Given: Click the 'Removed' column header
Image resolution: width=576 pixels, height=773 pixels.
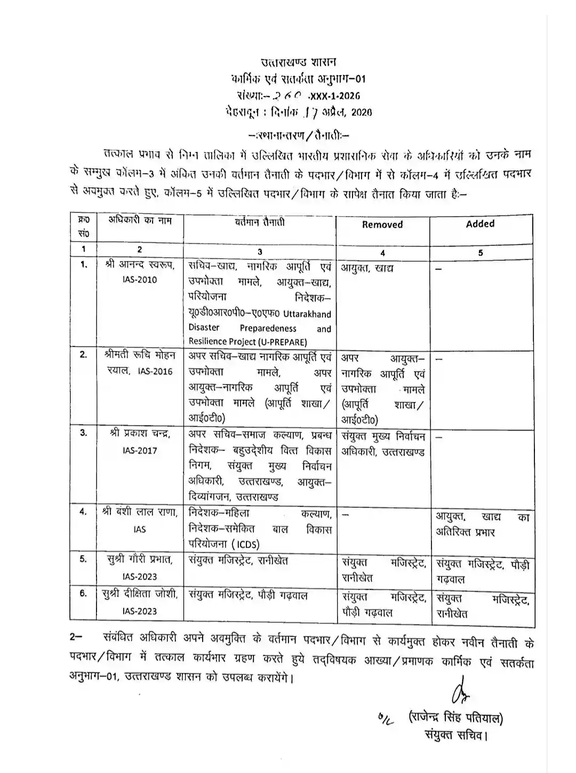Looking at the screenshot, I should (x=382, y=225).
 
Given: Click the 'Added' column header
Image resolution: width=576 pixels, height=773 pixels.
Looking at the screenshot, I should (x=480, y=224).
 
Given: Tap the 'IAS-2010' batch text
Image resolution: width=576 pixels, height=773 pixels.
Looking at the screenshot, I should (x=139, y=280).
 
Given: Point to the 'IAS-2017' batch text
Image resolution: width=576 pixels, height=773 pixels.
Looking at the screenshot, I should (x=139, y=450).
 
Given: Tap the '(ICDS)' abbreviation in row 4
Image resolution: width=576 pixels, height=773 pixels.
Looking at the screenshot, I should (x=245, y=544).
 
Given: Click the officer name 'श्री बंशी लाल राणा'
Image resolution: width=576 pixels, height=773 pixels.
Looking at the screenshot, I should (x=140, y=512).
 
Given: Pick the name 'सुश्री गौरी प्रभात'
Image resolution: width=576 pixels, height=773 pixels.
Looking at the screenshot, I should (x=140, y=560).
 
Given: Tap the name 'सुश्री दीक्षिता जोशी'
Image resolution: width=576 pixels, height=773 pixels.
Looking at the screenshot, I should (x=140, y=595).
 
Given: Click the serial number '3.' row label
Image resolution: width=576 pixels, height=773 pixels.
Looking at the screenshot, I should (x=84, y=433).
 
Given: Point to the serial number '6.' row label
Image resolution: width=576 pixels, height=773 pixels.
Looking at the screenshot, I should (x=84, y=593).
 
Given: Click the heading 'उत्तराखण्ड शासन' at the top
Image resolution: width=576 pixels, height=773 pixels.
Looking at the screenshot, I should (x=298, y=63).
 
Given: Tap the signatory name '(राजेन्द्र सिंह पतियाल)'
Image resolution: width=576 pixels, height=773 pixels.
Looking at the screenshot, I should (x=455, y=718).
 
